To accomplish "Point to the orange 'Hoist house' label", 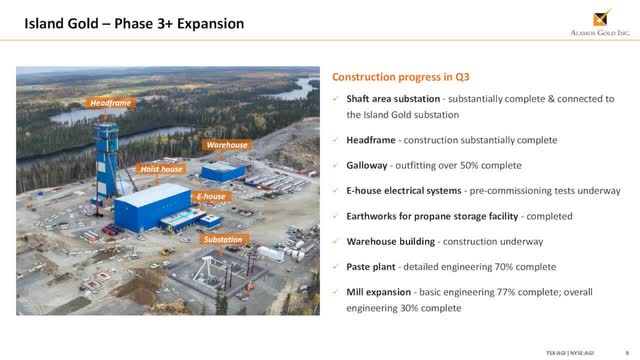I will click(x=161, y=169).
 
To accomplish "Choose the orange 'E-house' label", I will click(x=211, y=196).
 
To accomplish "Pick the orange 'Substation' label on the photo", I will click(x=222, y=240).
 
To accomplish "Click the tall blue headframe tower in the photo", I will click(x=105, y=160).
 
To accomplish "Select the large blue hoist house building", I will click(x=152, y=208).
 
